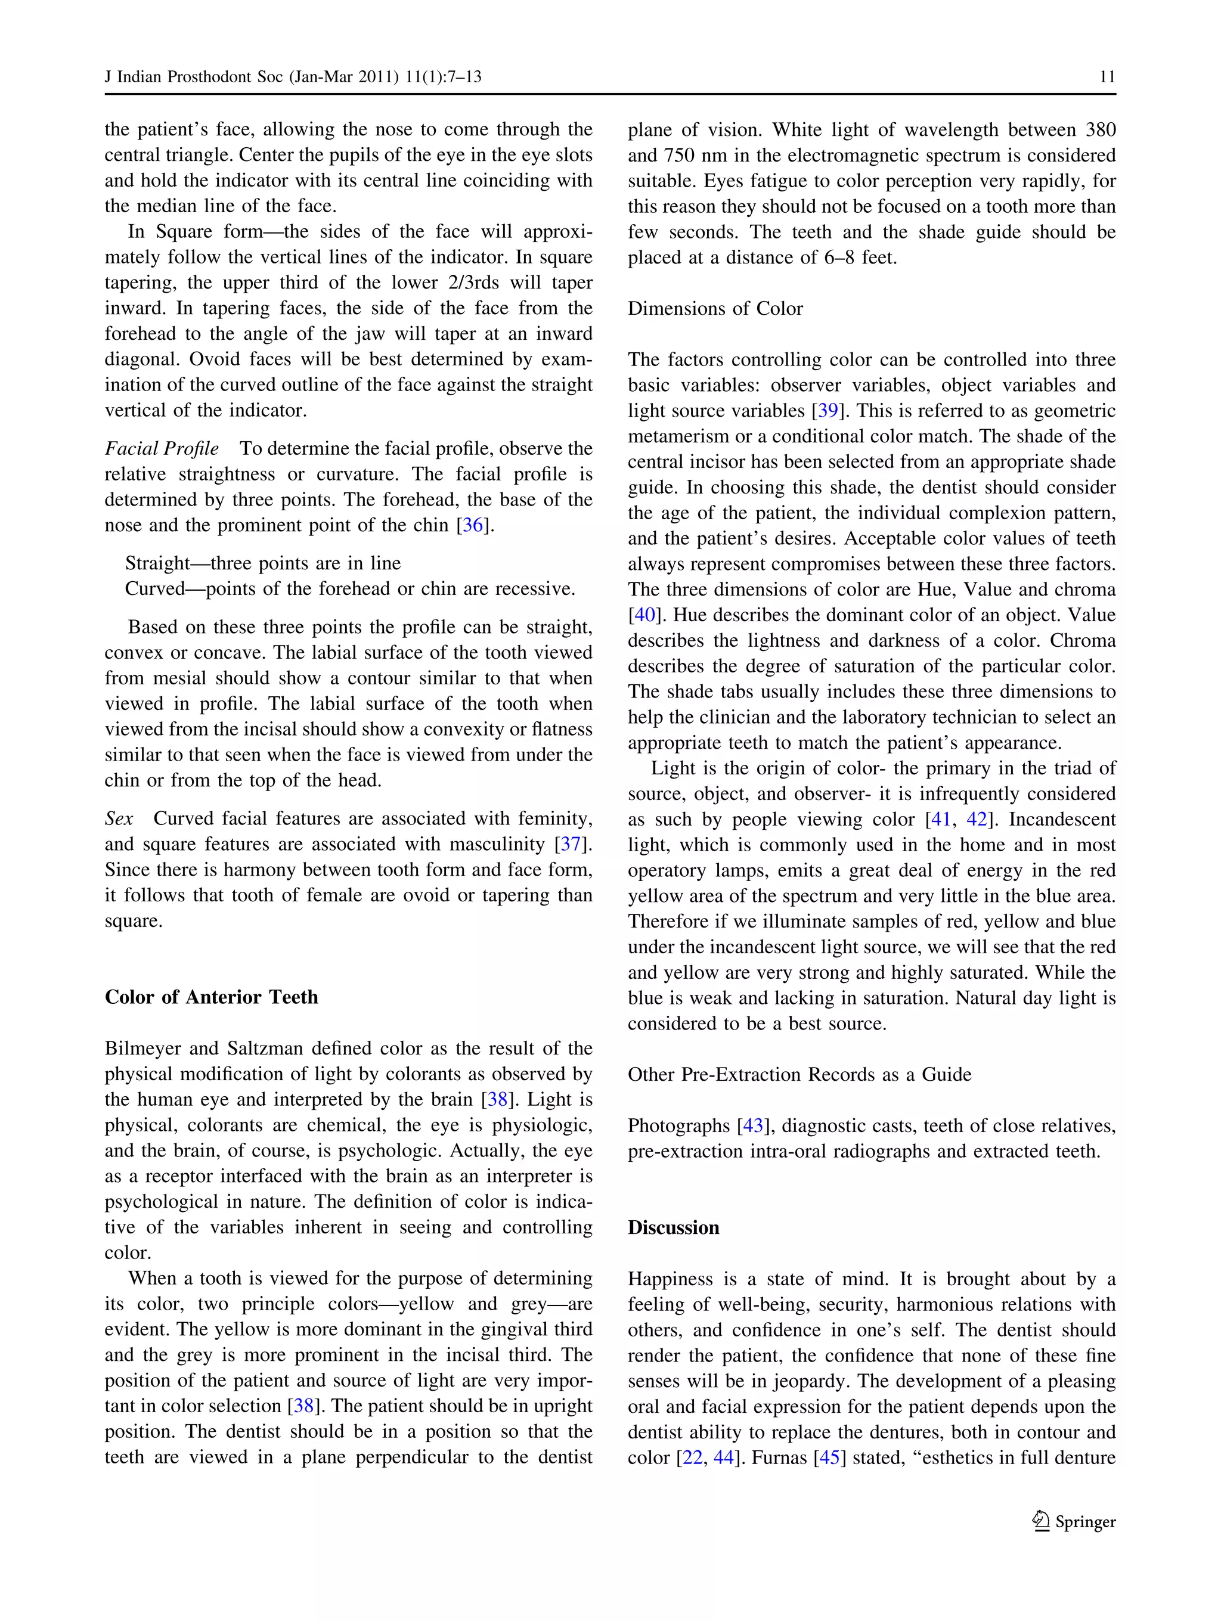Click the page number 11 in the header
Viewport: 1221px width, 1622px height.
point(1107,77)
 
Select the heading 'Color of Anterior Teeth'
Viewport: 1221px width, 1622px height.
point(211,997)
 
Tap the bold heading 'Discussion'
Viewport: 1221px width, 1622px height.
point(673,1227)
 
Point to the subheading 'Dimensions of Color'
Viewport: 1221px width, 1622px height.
point(715,309)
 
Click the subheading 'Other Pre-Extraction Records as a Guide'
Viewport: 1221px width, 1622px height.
point(799,1074)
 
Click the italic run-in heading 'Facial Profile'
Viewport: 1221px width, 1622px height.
point(162,449)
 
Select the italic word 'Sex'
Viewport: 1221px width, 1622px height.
point(119,819)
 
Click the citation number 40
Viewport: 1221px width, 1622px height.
point(644,615)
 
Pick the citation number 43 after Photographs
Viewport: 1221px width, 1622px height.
point(753,1125)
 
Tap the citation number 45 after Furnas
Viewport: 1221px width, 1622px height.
point(829,1457)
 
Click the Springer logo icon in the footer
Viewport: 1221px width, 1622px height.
point(1040,1521)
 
